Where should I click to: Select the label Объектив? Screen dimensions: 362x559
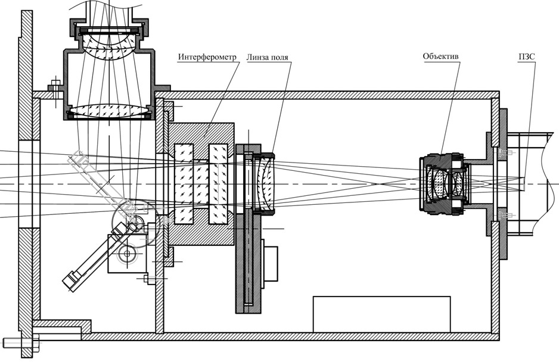pos(440,57)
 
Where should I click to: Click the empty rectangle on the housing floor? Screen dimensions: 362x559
pos(381,314)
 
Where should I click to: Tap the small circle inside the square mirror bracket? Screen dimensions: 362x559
pos(126,254)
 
